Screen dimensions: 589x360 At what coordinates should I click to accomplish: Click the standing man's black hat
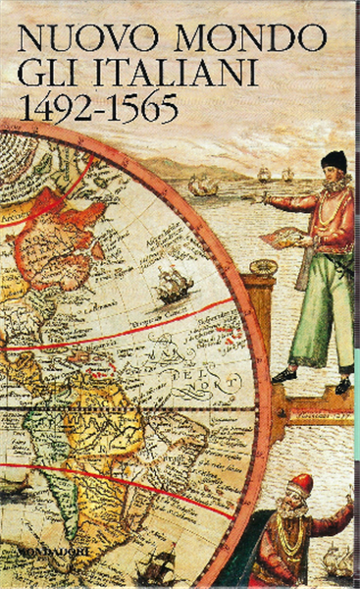click(x=333, y=160)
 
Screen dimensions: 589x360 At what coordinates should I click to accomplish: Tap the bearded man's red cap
click(x=299, y=483)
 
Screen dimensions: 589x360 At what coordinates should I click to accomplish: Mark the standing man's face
click(x=330, y=178)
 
